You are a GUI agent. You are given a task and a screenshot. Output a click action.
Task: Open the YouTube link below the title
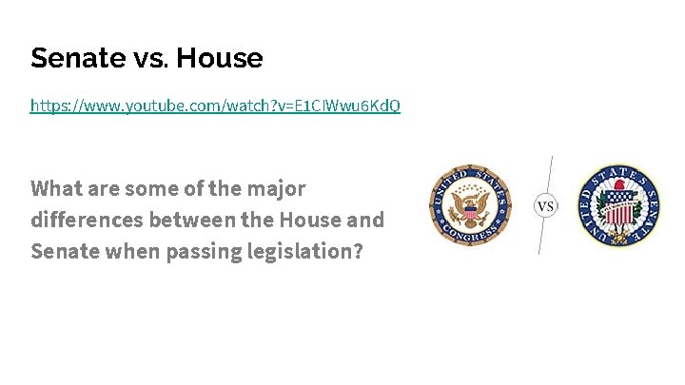[215, 106]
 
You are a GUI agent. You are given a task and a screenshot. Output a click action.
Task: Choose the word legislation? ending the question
[305, 252]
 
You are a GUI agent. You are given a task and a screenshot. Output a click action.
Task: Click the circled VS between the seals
[546, 206]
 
